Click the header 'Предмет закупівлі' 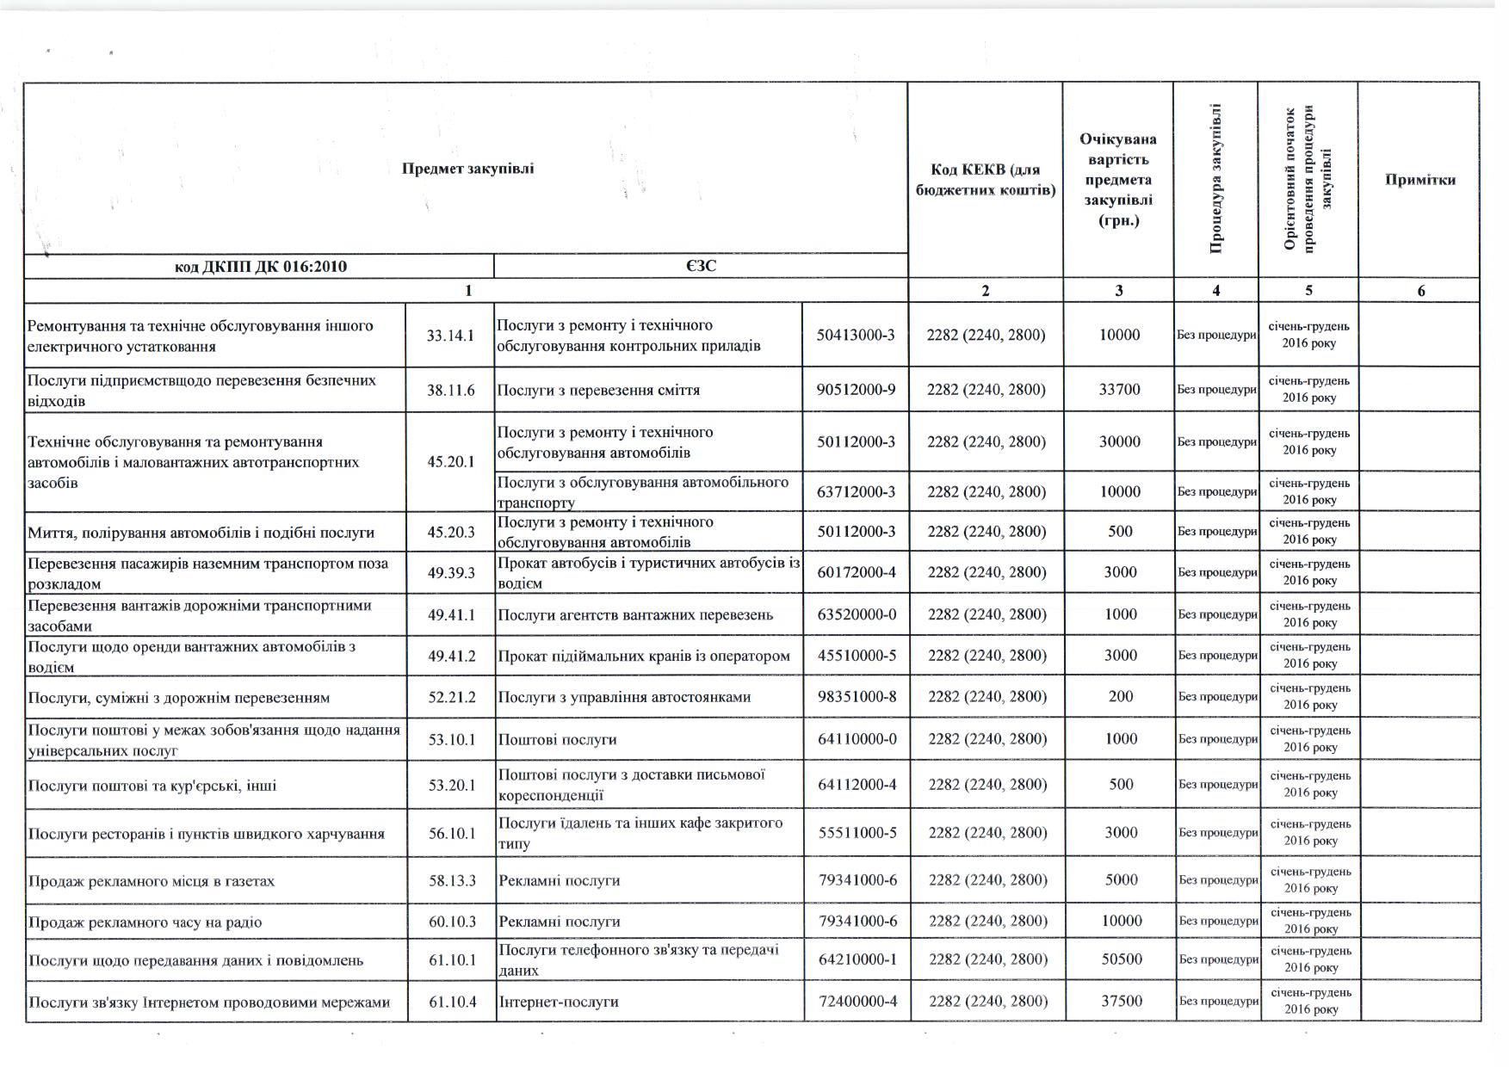pos(467,169)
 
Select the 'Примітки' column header pos(1419,180)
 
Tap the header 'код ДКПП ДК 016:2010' pos(260,267)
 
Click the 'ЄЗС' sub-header pos(701,267)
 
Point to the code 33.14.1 pos(450,336)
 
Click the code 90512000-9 pos(856,390)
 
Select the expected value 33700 pos(1119,390)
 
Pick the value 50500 pos(1122,959)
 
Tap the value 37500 pos(1122,1001)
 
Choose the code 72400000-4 pos(857,1001)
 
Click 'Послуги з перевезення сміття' pos(598,390)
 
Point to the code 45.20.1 pos(450,462)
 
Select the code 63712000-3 pos(856,492)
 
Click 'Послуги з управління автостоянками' pos(624,697)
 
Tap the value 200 pos(1121,697)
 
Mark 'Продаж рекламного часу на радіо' pos(145,922)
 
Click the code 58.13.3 pos(452,881)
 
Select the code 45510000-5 pos(857,656)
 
